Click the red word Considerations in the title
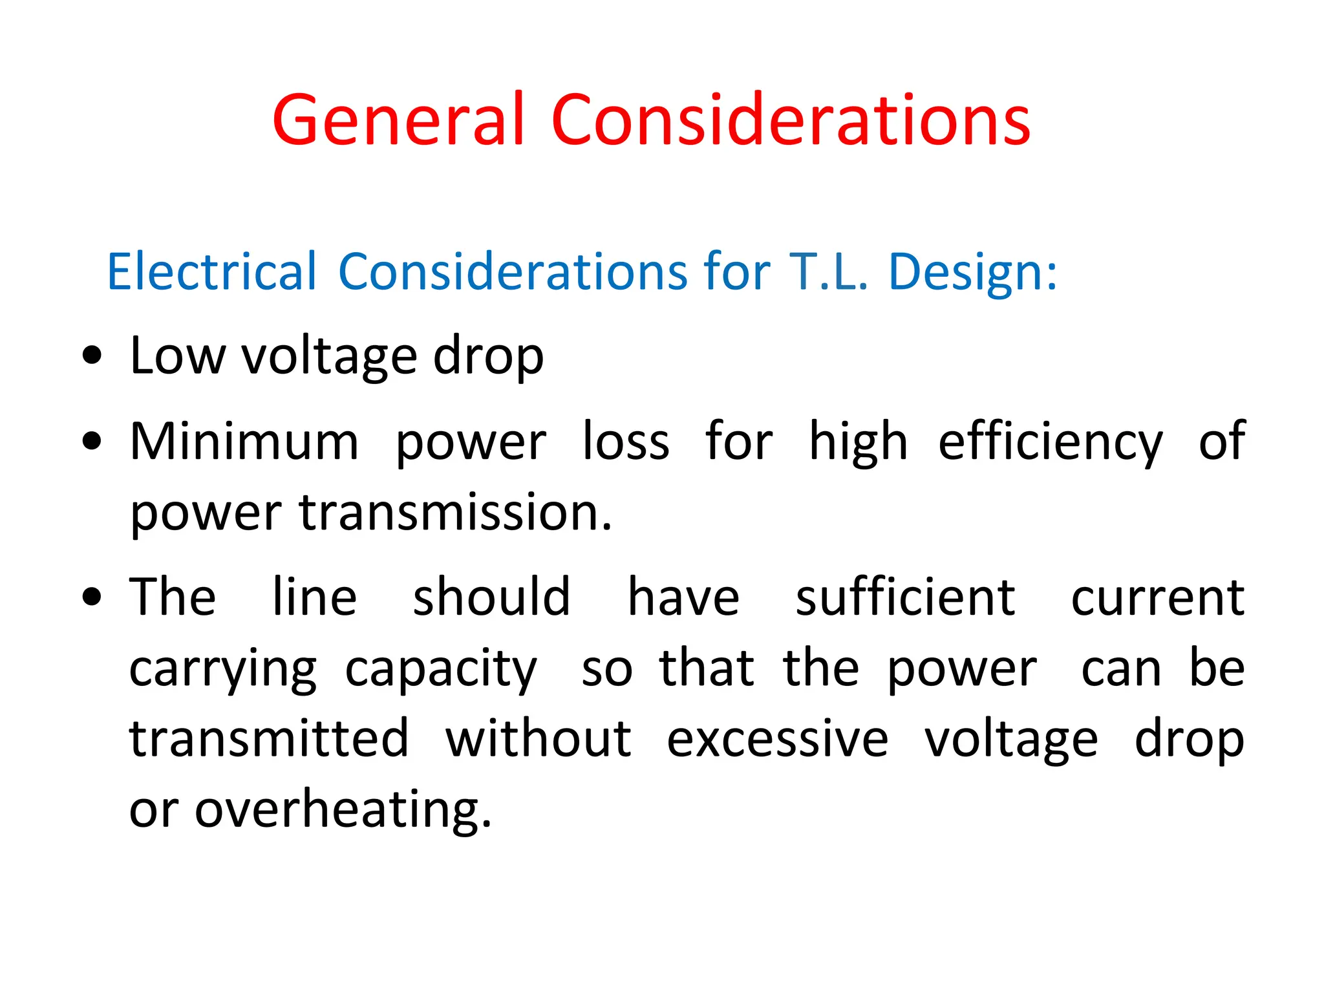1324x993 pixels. (x=790, y=120)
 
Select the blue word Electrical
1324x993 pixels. (x=212, y=272)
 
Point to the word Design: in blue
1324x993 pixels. (x=973, y=272)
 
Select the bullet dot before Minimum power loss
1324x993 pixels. (x=92, y=441)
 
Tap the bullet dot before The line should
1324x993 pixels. (x=92, y=596)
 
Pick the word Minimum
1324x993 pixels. (x=244, y=442)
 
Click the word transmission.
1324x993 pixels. (x=455, y=513)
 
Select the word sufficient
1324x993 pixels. (x=905, y=597)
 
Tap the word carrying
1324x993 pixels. (x=223, y=669)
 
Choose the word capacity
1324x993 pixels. (x=441, y=669)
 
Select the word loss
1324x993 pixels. (x=626, y=442)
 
